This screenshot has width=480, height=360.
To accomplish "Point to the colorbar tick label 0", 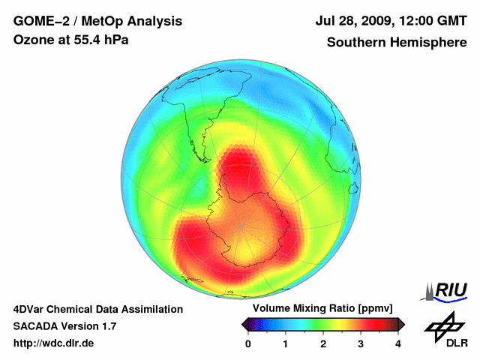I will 248,343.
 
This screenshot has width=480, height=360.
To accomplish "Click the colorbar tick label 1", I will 286,343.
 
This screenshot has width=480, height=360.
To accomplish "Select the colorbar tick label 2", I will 323,343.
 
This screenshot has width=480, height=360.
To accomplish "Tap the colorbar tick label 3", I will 361,343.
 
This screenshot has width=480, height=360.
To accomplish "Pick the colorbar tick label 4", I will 398,343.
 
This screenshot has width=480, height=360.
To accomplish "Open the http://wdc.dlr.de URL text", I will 54,343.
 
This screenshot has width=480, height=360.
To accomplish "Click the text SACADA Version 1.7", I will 64,326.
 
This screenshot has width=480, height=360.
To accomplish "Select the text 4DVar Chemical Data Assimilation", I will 98,309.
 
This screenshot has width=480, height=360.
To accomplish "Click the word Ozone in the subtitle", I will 32,40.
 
